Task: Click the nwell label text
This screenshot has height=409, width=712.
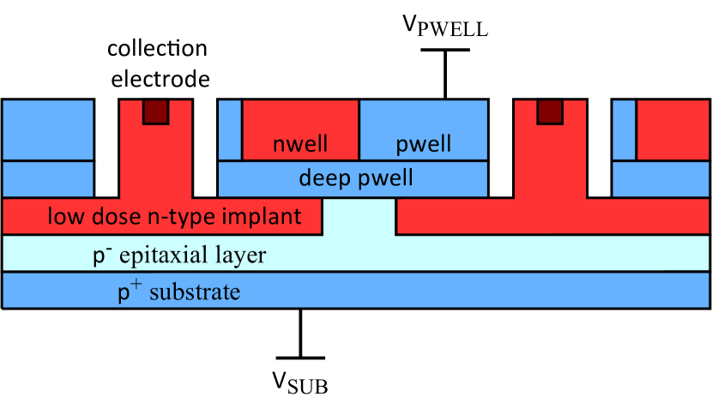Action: (299, 144)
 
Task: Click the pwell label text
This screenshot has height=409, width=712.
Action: (424, 144)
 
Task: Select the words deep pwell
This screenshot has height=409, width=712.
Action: (355, 178)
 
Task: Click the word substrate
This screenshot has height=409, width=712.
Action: (195, 292)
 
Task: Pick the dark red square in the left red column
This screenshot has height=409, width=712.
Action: (155, 111)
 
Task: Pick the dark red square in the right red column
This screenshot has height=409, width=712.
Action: (549, 111)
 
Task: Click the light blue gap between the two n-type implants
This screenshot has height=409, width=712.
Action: (359, 216)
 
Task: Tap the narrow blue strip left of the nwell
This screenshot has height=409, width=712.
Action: (230, 129)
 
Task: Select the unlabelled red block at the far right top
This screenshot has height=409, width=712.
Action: (673, 129)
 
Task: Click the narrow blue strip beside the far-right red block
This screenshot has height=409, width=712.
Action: (624, 129)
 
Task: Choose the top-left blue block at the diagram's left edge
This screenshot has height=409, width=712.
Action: (48, 129)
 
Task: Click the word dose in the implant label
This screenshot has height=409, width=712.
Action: (107, 216)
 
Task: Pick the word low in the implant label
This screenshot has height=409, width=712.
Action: (63, 216)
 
